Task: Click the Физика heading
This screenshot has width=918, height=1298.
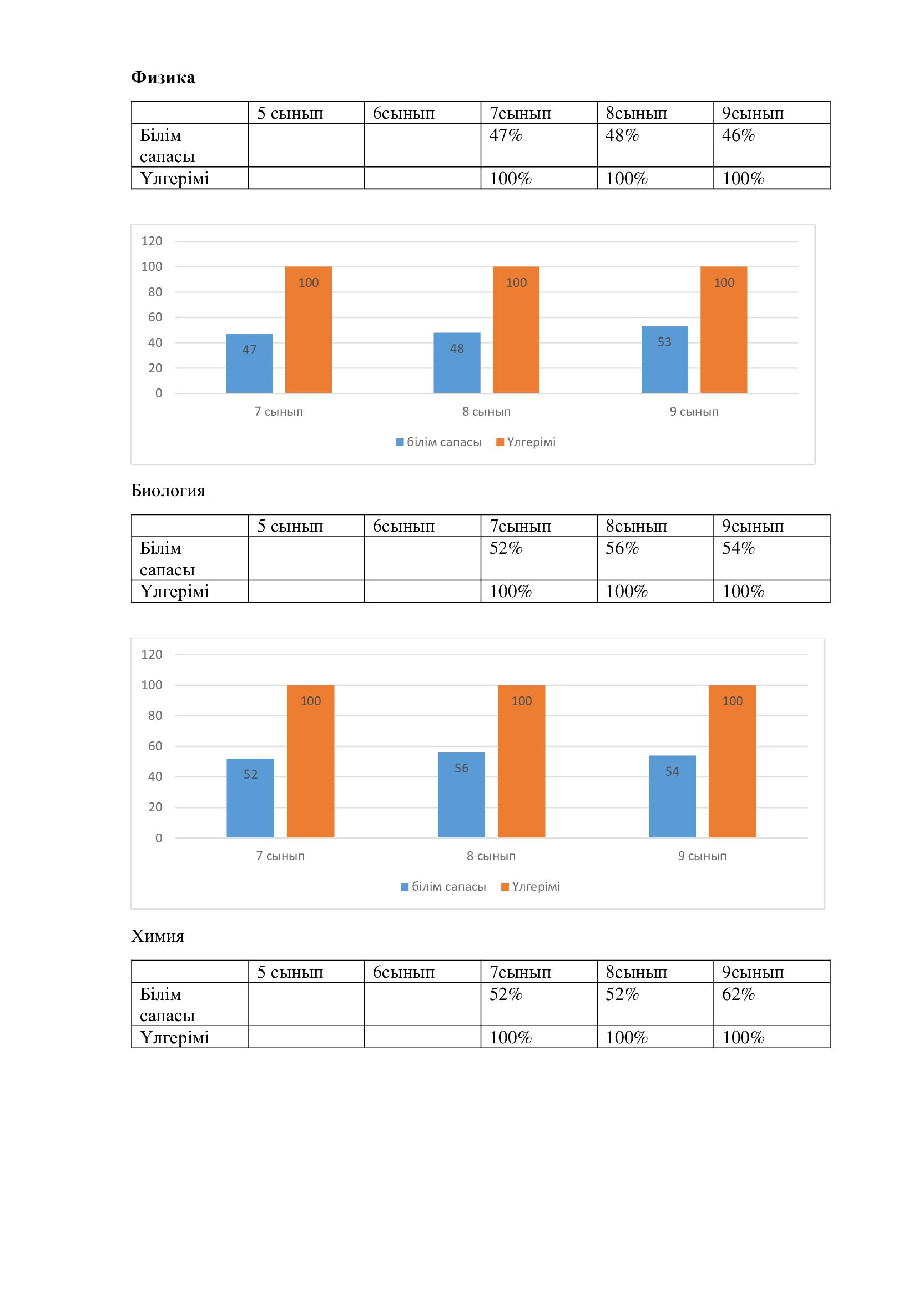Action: tap(163, 78)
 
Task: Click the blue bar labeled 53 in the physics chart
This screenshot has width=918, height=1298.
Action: tap(664, 360)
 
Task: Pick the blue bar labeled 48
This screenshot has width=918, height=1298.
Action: tap(457, 363)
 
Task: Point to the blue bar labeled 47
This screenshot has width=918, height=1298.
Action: tap(249, 363)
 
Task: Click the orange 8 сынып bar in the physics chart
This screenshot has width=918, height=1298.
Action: tap(516, 330)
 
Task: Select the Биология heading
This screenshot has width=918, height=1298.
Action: tap(168, 490)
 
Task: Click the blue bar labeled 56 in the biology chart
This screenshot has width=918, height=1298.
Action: tap(461, 794)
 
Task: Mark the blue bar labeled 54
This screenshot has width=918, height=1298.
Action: tap(672, 796)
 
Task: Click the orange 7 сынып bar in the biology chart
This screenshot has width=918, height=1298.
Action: tap(310, 761)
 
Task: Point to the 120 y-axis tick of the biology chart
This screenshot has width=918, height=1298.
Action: tap(152, 654)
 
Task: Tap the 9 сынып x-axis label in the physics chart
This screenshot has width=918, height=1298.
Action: tap(694, 412)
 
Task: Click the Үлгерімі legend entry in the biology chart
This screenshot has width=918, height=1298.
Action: tap(531, 886)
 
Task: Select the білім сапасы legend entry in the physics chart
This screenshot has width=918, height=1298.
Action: tap(439, 442)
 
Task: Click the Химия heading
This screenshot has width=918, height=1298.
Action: tap(158, 936)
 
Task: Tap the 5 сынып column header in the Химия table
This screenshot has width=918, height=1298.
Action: tap(290, 972)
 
